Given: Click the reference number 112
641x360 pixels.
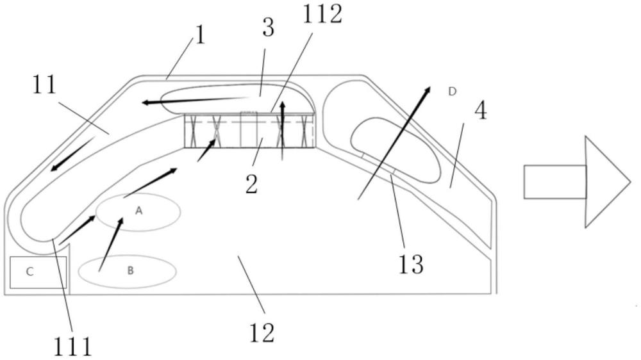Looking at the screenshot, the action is [x=322, y=15].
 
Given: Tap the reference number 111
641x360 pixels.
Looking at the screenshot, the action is [x=73, y=347].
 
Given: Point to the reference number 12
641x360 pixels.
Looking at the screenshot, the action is [x=262, y=332].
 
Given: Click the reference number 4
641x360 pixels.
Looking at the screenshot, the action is [x=481, y=110].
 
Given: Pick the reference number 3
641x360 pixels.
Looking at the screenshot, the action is [x=268, y=28].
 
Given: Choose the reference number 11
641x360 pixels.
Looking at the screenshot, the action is [x=44, y=85].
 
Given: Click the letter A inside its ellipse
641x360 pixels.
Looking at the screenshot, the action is [x=139, y=211].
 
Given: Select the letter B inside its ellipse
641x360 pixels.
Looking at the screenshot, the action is [x=130, y=270].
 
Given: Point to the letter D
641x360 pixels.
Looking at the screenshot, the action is [x=452, y=92].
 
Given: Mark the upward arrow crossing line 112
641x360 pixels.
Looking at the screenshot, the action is [x=283, y=131].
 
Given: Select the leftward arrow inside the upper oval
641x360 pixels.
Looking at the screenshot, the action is [x=195, y=100].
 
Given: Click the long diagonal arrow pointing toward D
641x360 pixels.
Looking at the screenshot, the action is [x=394, y=143].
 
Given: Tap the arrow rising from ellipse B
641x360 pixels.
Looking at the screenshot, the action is [x=111, y=244].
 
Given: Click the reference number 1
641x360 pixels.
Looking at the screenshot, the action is [x=200, y=35].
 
